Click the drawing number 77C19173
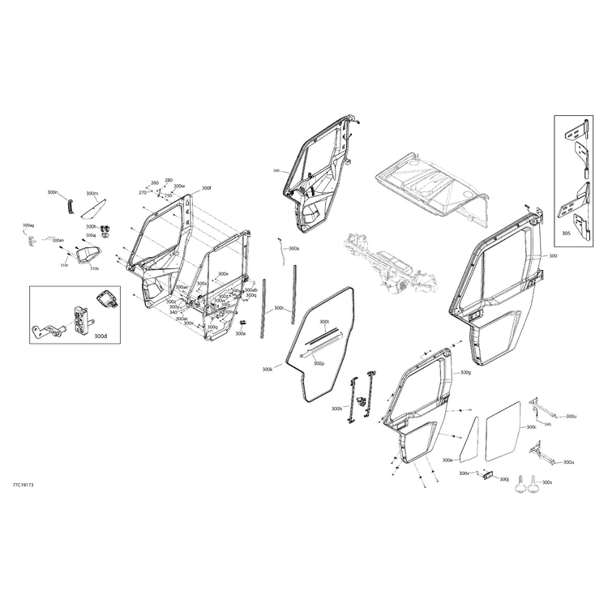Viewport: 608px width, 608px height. tap(23, 485)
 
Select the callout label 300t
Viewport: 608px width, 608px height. tap(324, 322)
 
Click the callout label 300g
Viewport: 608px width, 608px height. tap(465, 373)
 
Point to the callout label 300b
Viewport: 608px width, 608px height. tap(336, 409)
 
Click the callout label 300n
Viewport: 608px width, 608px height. tap(52, 193)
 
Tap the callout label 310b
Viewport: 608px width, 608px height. tap(94, 268)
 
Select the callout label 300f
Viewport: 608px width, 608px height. tap(206, 188)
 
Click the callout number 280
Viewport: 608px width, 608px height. tap(169, 180)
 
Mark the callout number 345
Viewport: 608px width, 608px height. tap(548, 424)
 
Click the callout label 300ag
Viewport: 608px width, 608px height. tap(28, 225)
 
